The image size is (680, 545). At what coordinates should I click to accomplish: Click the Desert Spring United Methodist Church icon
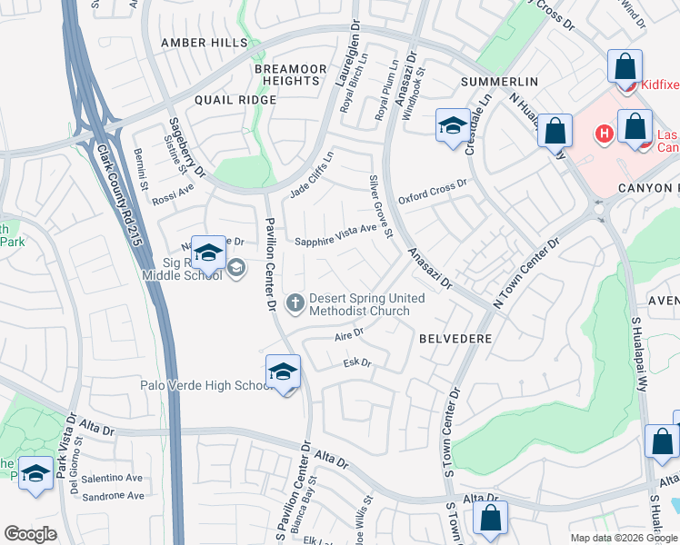295,302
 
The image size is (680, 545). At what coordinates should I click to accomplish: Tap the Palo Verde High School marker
283,372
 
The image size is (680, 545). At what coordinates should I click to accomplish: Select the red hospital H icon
602,134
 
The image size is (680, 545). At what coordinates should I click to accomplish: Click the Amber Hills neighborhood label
204,43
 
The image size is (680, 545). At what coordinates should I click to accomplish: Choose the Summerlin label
499,82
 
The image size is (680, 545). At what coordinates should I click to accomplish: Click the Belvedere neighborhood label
455,338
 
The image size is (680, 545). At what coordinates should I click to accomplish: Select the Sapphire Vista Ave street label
336,240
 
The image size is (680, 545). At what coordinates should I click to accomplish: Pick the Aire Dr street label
349,335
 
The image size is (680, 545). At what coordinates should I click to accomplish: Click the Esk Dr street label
358,363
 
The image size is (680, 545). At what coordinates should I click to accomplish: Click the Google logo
31,534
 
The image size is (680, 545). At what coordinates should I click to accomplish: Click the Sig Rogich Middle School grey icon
236,267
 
